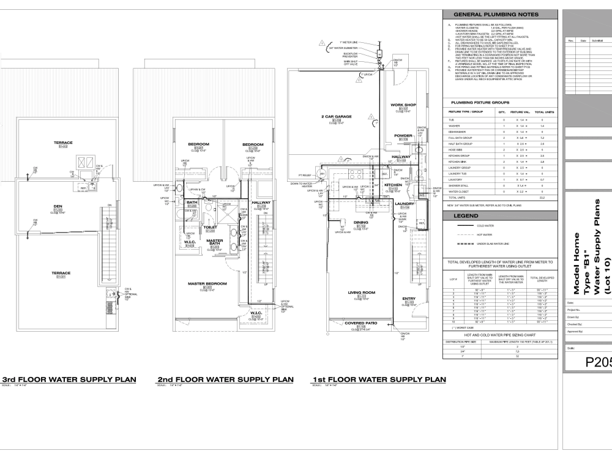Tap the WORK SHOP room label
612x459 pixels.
point(403,105)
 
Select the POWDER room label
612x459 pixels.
point(403,136)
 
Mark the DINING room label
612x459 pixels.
point(361,223)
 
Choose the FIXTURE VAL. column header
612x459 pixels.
point(519,113)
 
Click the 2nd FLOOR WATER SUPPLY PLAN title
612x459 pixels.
point(225,379)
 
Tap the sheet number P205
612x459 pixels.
point(591,360)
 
